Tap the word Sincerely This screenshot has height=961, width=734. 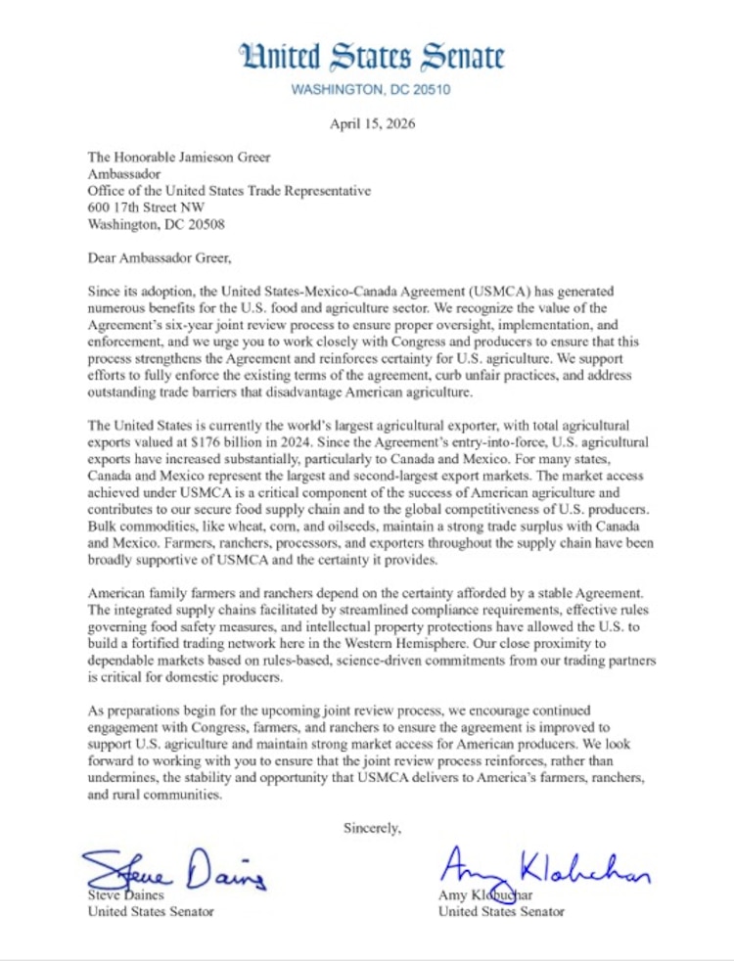pyautogui.click(x=372, y=828)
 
